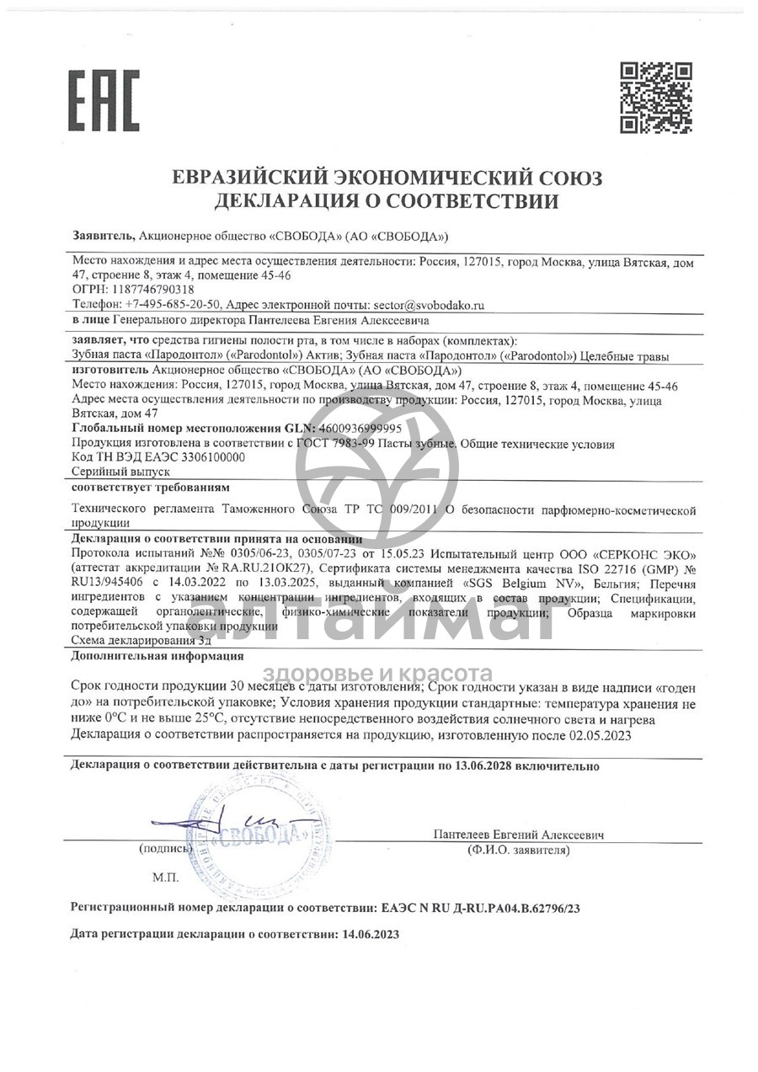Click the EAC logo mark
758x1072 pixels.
[x=104, y=100]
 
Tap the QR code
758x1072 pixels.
[x=656, y=98]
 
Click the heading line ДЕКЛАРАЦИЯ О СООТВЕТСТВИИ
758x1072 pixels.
[x=387, y=201]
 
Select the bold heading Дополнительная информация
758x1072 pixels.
[x=157, y=656]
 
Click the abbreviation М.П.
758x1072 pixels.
[x=166, y=877]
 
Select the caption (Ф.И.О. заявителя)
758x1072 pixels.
[x=519, y=851]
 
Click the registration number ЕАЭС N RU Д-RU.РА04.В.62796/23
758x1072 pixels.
[x=481, y=908]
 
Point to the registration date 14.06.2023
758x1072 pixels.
[x=368, y=935]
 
